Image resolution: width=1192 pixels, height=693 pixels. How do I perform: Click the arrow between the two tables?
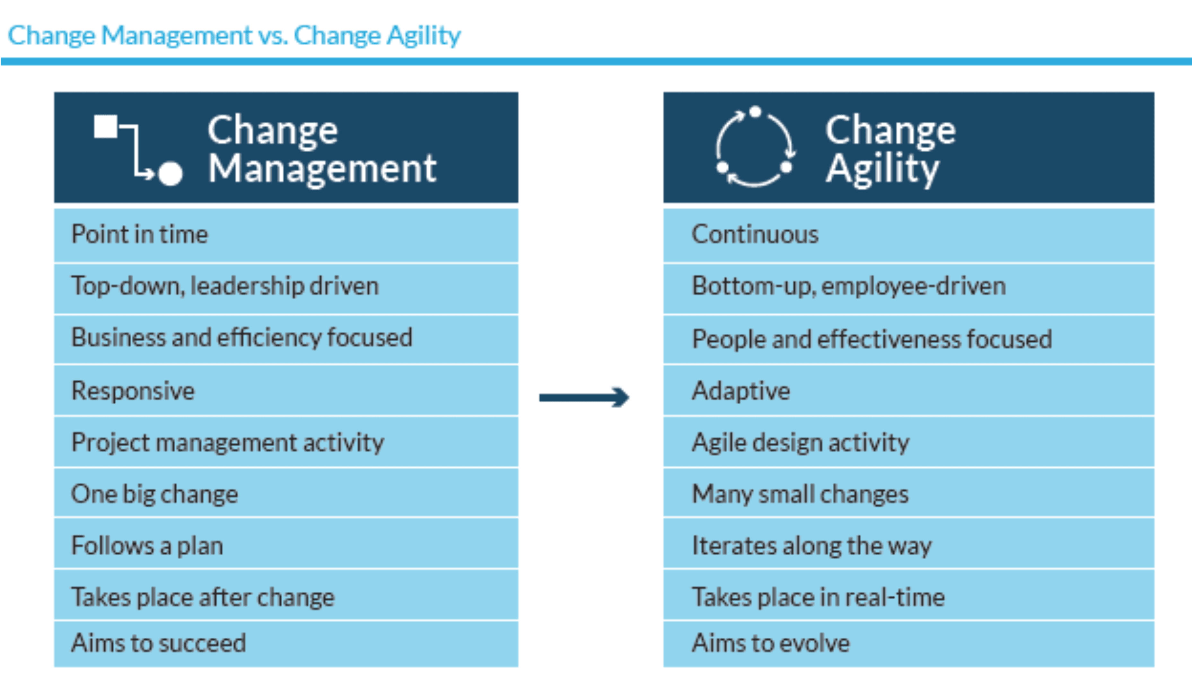pyautogui.click(x=584, y=397)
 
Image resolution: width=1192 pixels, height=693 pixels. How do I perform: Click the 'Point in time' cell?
pyautogui.click(x=286, y=235)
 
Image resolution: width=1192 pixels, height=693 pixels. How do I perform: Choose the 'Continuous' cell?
pyautogui.click(x=909, y=235)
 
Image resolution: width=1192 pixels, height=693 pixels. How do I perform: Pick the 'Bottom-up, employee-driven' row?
pyautogui.click(x=909, y=289)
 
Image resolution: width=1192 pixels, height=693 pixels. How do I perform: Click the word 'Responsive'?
pyautogui.click(x=133, y=391)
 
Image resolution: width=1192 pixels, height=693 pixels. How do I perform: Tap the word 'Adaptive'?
pyautogui.click(x=741, y=391)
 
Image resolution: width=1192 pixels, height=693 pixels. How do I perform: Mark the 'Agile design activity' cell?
pyautogui.click(x=909, y=442)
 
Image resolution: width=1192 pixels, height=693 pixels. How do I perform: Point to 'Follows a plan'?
pyautogui.click(x=147, y=546)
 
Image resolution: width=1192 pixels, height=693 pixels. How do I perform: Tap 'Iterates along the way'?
pyautogui.click(x=812, y=546)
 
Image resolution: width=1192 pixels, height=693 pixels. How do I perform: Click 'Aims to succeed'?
pyautogui.click(x=158, y=643)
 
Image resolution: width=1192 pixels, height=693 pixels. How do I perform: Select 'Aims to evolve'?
pyautogui.click(x=771, y=643)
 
